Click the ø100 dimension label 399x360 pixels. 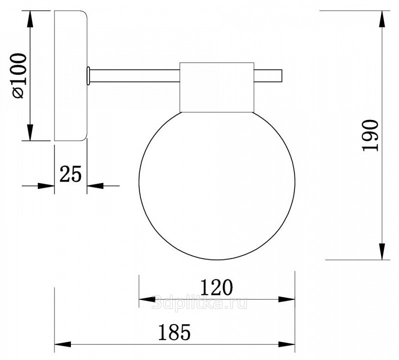click(19, 75)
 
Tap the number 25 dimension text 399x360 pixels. click(70, 174)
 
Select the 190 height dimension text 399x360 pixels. click(370, 135)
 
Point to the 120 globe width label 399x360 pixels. click(216, 287)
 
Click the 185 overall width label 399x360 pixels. click(174, 332)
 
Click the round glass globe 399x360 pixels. click(217, 185)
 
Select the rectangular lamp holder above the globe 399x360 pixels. click(217, 87)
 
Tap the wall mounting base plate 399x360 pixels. click(71, 75)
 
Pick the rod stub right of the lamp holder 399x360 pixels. click(268, 76)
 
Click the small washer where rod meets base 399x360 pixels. click(88, 76)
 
